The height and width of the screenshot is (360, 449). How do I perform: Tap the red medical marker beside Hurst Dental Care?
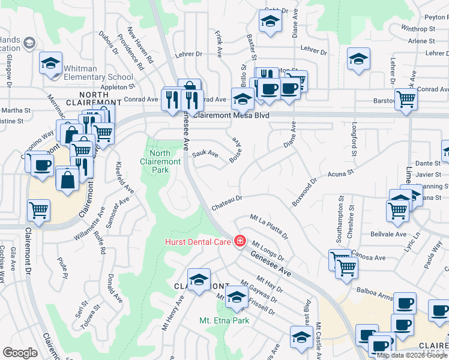[x=241, y=241]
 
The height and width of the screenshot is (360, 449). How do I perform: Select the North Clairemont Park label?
[x=160, y=161]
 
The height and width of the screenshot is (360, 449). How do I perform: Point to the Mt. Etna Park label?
[x=224, y=320]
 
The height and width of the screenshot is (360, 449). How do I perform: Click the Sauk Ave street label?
[x=205, y=155]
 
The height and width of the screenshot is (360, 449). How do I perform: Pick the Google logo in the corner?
[x=20, y=353]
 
